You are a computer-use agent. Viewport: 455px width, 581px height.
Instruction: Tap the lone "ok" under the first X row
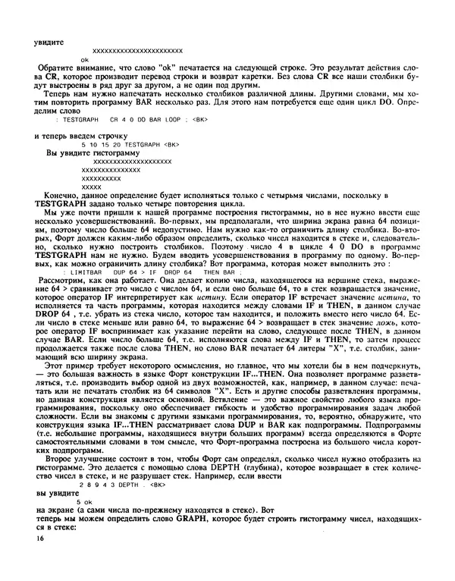85,58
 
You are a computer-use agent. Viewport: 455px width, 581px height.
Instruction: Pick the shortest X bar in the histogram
91,187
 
